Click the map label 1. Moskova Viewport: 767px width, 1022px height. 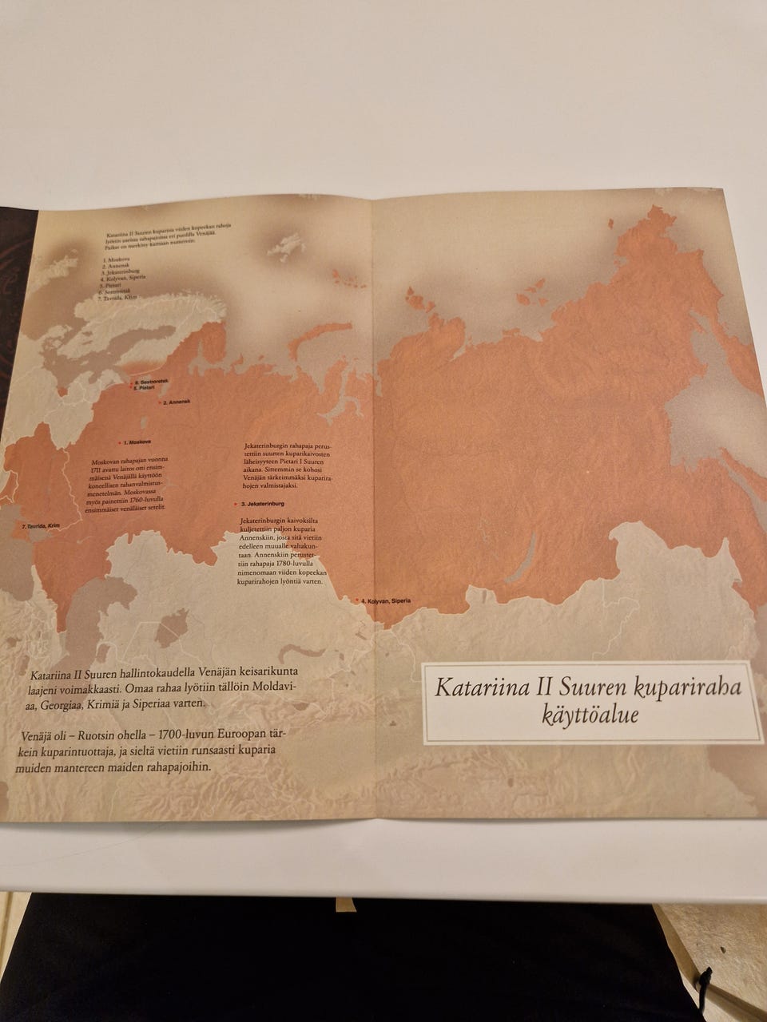coord(139,441)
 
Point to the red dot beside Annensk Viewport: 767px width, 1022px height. coord(159,402)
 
